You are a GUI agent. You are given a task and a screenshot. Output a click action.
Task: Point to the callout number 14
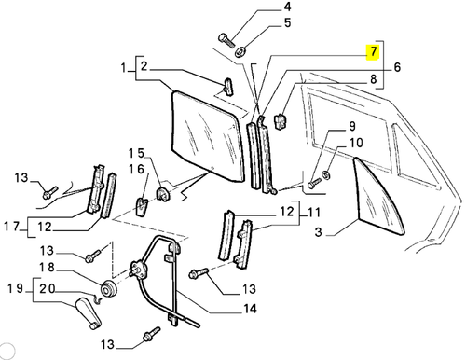[250, 309]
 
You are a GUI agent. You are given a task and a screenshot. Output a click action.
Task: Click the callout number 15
[136, 151]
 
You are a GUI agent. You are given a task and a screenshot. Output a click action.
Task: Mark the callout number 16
[136, 169]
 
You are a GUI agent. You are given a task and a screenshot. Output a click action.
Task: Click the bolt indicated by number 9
[310, 185]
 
